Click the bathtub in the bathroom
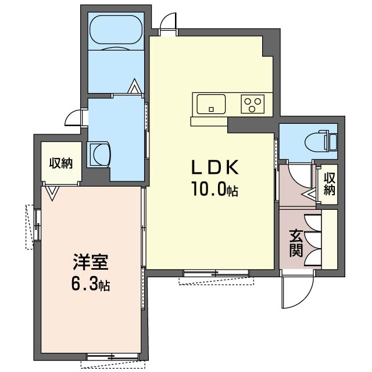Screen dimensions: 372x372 (116, 30)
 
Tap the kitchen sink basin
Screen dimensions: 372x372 (211, 104)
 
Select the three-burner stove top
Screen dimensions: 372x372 (253, 104)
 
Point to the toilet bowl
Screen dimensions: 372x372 (317, 142)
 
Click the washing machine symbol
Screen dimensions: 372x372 (99, 155)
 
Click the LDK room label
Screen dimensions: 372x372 (215, 167)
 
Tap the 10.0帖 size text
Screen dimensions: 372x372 (215, 189)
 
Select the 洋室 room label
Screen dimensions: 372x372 (91, 262)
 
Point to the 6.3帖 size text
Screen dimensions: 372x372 (91, 284)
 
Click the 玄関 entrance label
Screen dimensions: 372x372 (296, 244)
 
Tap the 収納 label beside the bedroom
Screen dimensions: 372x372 (61, 163)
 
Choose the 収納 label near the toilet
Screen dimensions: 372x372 (330, 184)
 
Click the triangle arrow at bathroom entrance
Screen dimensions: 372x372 (134, 86)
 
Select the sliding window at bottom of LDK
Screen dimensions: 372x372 (216, 273)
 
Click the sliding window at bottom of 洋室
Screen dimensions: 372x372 (113, 357)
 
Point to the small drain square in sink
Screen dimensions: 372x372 (212, 109)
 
